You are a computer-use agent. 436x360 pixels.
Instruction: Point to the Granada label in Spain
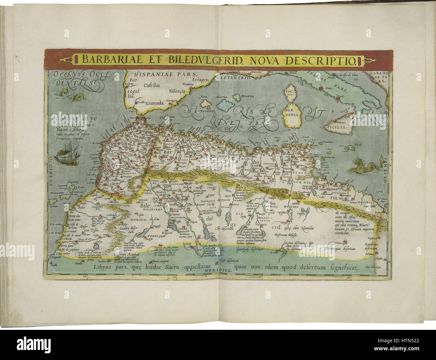coord(154,104)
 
